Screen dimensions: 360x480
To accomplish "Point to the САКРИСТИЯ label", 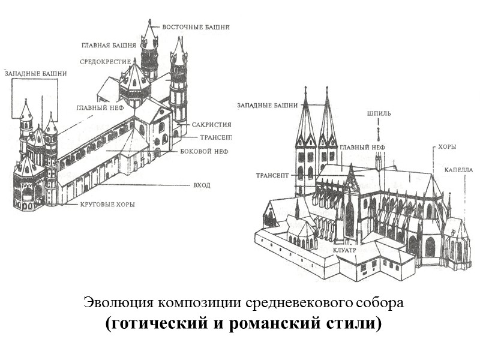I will tap(212, 125).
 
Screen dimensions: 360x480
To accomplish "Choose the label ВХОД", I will tap(202, 185).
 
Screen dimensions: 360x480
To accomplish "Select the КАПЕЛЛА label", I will tap(459, 170).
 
